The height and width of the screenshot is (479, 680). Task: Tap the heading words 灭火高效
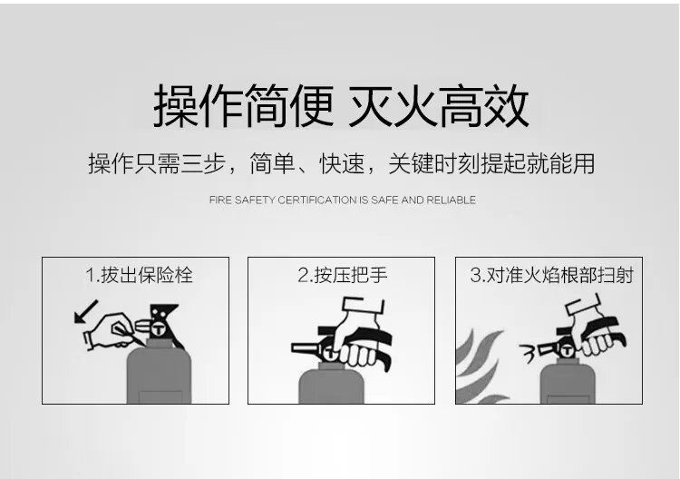pyautogui.click(x=439, y=106)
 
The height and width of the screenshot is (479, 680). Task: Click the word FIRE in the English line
pyautogui.click(x=220, y=200)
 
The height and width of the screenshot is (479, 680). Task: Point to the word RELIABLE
pyautogui.click(x=452, y=200)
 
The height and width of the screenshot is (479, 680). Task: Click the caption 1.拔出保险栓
pyautogui.click(x=139, y=274)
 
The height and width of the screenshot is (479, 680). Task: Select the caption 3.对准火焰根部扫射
pyautogui.click(x=551, y=274)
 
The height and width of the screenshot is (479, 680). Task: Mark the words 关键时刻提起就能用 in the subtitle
pyautogui.click(x=491, y=164)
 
